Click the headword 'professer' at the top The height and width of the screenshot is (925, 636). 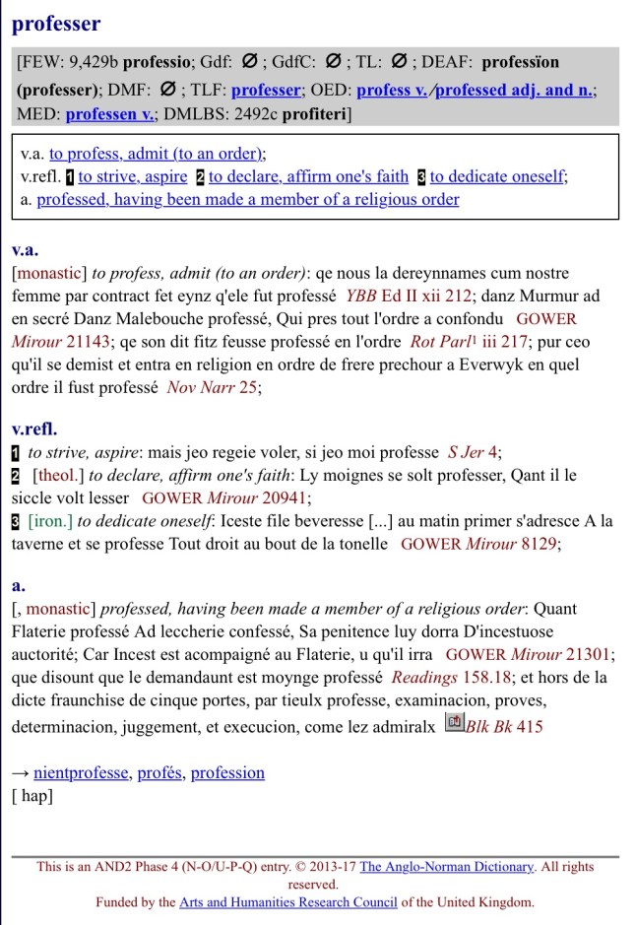click(x=56, y=24)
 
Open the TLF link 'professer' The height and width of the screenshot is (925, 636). click(x=266, y=90)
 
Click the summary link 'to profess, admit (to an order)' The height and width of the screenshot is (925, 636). click(x=156, y=154)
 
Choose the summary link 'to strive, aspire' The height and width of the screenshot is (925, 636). click(x=134, y=176)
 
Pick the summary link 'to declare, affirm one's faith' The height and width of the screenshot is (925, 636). click(x=308, y=176)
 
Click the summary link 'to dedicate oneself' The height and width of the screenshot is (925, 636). click(x=496, y=176)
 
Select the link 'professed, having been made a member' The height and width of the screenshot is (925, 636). click(x=248, y=199)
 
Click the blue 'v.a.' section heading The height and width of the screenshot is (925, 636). click(x=26, y=250)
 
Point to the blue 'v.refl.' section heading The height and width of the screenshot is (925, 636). click(x=34, y=429)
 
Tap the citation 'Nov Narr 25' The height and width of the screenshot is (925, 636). click(x=213, y=387)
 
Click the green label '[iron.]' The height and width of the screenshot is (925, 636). click(x=50, y=520)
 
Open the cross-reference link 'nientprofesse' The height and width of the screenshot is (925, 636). click(x=81, y=772)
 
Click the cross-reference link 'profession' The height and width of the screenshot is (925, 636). click(x=227, y=772)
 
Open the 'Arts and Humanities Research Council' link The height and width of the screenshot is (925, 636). click(x=288, y=901)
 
